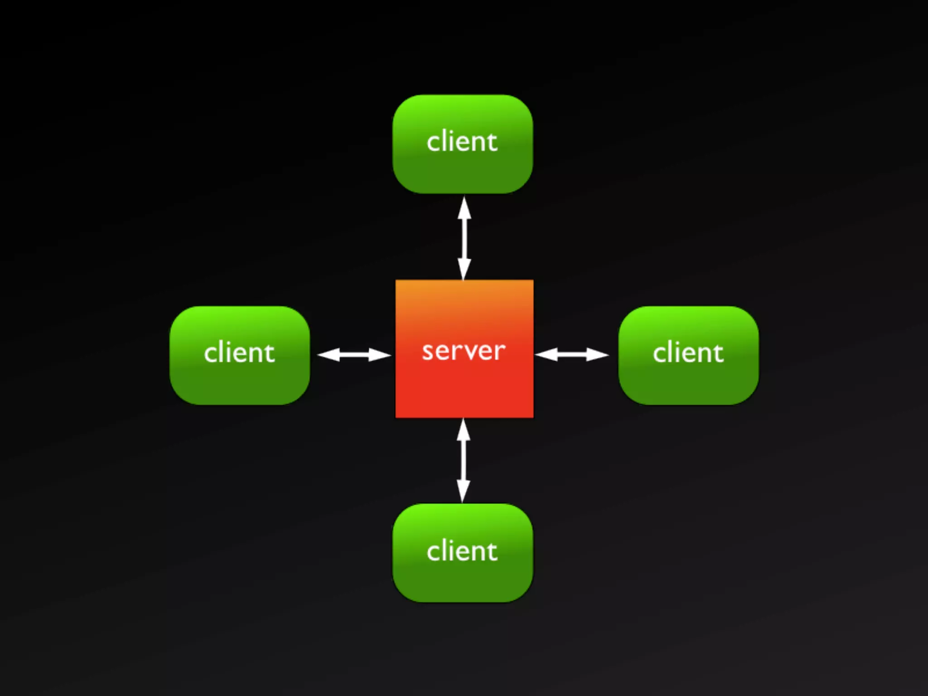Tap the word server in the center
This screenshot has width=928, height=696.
[464, 351]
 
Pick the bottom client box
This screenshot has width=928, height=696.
[463, 580]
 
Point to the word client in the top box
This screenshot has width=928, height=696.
[462, 141]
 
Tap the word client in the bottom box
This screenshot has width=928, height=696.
[462, 551]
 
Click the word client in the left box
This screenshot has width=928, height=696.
[239, 353]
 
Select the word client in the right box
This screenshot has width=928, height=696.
[688, 353]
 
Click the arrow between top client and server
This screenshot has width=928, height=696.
[464, 238]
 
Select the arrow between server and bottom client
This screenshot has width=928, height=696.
[463, 460]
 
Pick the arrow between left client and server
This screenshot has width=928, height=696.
[354, 355]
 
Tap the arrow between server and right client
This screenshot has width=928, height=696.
[572, 355]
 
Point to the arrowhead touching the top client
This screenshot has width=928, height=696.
[464, 208]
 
